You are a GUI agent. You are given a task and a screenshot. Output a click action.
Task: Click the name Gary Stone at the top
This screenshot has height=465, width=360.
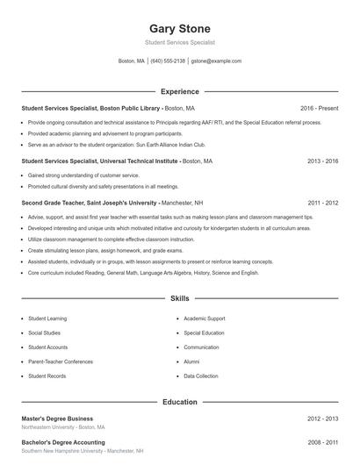(179, 28)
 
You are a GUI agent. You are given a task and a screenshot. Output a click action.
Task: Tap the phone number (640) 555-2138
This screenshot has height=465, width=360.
(168, 61)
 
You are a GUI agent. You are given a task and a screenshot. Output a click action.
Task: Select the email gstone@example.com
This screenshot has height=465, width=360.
(216, 61)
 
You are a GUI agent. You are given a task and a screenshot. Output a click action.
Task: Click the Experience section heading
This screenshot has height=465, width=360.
(180, 91)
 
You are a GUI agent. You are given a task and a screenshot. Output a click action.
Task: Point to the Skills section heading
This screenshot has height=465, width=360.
(180, 299)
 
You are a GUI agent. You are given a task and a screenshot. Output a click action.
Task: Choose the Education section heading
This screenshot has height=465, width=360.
(180, 402)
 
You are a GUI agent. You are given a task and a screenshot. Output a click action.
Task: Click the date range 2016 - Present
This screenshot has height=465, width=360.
(319, 108)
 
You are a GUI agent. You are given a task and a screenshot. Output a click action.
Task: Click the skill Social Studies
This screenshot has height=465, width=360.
(45, 333)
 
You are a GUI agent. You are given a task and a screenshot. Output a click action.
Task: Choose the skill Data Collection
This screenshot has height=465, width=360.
(200, 376)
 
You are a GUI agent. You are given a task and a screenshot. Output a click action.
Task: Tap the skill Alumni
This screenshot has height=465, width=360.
(191, 361)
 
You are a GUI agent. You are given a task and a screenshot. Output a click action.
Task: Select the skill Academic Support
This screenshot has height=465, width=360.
(204, 318)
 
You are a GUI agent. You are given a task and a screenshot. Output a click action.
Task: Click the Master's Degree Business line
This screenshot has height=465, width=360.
(57, 418)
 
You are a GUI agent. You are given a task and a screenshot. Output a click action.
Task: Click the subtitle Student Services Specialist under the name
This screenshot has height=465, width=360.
(179, 42)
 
